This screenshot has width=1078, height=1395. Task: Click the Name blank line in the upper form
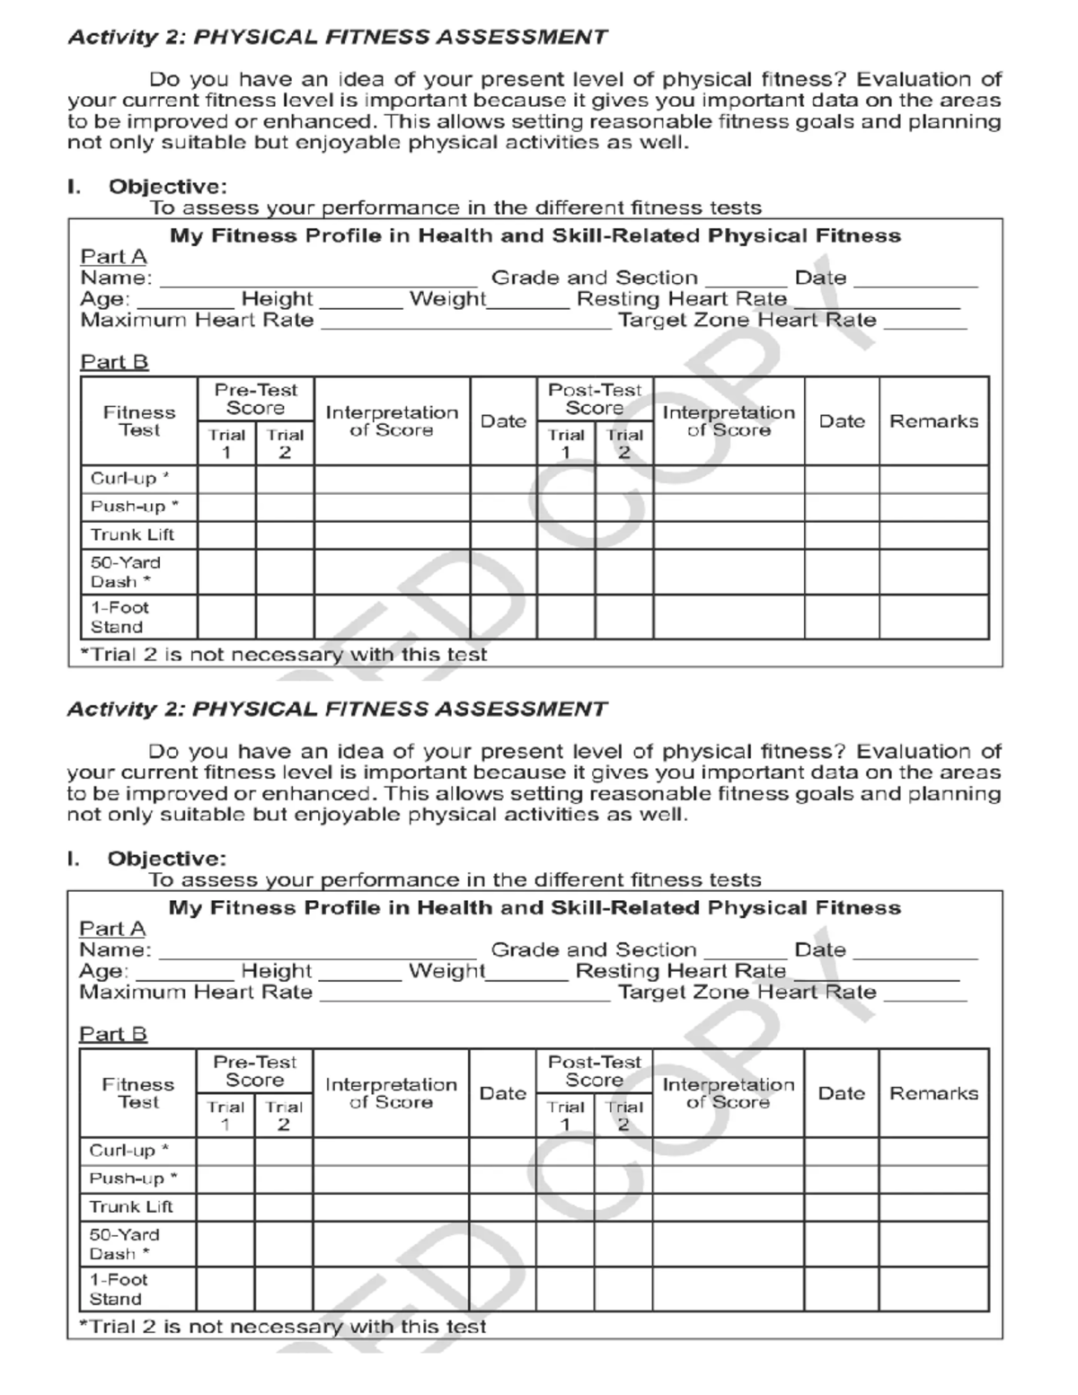click(316, 280)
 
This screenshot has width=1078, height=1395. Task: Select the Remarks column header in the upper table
click(933, 421)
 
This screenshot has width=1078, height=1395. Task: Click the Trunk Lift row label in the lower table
click(131, 1206)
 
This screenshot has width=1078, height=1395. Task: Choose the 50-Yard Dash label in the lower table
click(124, 1244)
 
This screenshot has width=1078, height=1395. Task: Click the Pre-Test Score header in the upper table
click(255, 399)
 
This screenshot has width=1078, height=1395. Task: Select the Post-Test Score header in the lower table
click(594, 1071)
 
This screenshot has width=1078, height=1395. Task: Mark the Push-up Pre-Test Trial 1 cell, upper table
click(226, 507)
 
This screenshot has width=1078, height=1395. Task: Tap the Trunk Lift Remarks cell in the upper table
click(933, 535)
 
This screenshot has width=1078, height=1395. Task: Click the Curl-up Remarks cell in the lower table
click(933, 1151)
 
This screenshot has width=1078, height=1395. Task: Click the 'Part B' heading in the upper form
click(114, 362)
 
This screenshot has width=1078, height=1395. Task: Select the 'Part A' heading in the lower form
click(112, 929)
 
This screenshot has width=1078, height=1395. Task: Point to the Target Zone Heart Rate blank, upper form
click(925, 322)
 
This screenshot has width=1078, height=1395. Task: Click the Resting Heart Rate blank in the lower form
click(877, 973)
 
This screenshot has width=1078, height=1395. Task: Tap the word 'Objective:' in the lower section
click(167, 859)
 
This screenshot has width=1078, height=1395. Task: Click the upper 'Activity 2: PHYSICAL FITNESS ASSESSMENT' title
click(338, 38)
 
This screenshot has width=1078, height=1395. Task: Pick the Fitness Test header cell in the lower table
click(137, 1093)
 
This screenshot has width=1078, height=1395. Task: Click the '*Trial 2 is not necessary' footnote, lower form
click(283, 1326)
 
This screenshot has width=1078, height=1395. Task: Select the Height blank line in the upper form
click(360, 301)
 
